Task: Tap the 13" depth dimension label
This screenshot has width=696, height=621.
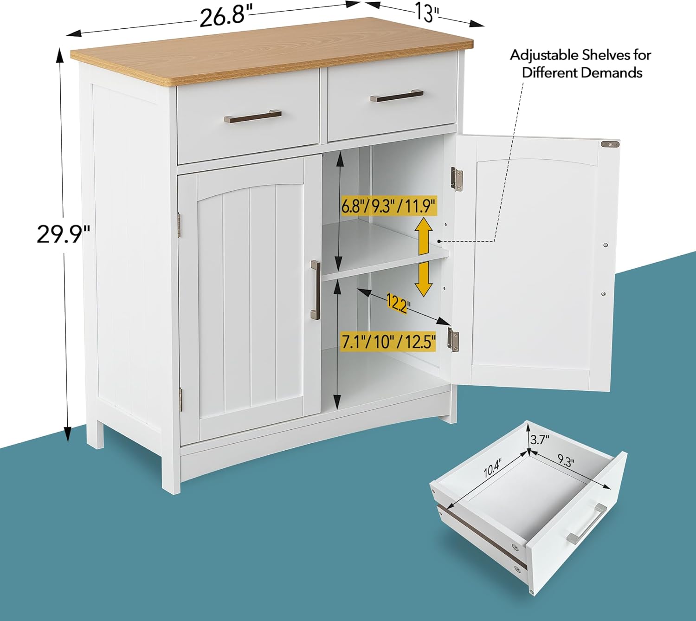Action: click(427, 13)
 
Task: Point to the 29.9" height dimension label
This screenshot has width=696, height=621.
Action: click(63, 234)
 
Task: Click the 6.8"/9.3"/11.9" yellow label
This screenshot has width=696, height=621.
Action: click(388, 207)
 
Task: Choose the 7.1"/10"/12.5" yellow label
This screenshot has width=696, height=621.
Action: click(388, 342)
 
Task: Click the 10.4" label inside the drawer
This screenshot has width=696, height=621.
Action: click(493, 467)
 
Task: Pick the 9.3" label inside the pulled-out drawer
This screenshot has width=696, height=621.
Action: click(566, 460)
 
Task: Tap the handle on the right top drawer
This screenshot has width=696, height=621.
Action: click(397, 96)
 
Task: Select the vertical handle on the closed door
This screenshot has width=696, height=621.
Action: click(316, 290)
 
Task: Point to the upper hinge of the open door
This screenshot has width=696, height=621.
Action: click(457, 179)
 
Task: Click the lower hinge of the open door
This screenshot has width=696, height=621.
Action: click(453, 340)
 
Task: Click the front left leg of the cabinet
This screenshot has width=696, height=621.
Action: click(171, 465)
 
